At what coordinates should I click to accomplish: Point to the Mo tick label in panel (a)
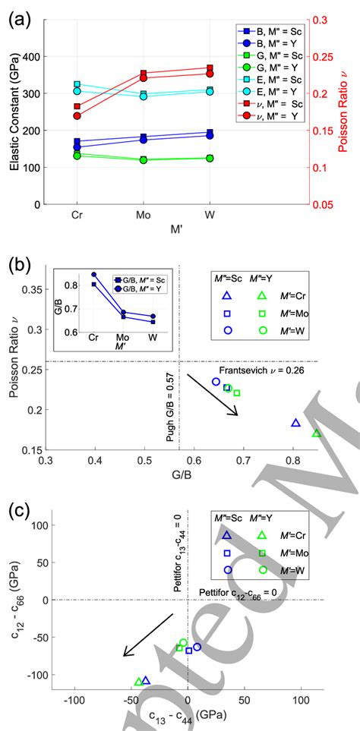[143, 216]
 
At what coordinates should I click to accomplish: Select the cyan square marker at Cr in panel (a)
[76, 85]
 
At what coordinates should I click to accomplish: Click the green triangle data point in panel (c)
[138, 682]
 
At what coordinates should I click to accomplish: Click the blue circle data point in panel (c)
[197, 647]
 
